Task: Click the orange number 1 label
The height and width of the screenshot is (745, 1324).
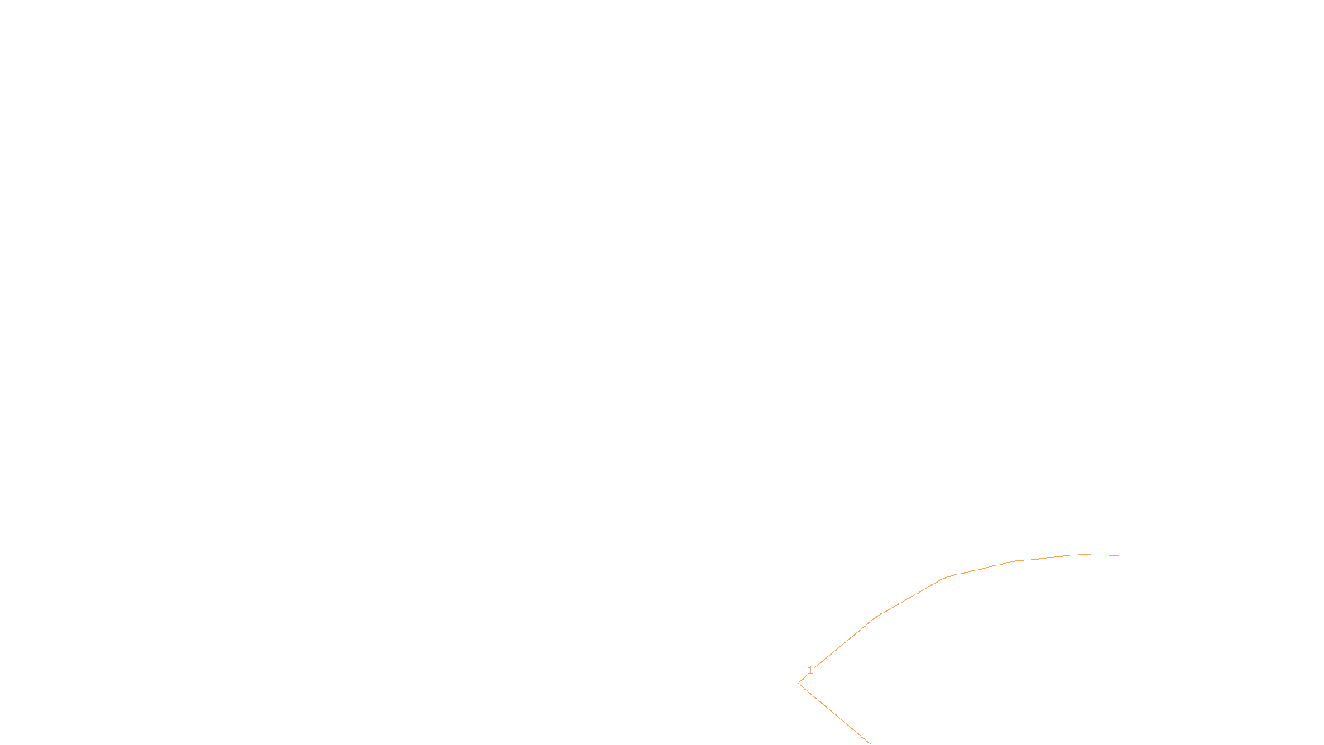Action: pos(810,670)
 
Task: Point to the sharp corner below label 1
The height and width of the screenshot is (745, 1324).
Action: pos(799,684)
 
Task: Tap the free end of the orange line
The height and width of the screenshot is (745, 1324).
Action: pos(1118,555)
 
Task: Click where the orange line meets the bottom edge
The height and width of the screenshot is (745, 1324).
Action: pos(871,744)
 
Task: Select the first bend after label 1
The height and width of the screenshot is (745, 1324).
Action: pos(877,616)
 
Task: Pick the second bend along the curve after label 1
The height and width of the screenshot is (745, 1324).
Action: pos(945,578)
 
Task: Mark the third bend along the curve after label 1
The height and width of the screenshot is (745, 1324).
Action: pos(1012,562)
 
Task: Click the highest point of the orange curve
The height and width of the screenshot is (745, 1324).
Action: pos(1083,554)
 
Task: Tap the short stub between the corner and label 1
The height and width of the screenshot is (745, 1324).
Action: pos(802,680)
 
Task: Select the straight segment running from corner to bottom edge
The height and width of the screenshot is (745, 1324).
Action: pos(835,714)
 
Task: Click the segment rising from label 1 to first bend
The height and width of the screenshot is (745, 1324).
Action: pos(846,642)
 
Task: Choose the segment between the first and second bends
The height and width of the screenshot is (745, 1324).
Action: pos(911,597)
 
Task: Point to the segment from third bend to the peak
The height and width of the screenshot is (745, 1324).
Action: pos(1048,558)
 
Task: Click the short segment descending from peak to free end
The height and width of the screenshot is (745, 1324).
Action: pos(1101,555)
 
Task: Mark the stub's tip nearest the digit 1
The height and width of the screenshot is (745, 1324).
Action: pos(806,678)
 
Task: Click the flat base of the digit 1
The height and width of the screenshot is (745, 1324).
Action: pos(810,674)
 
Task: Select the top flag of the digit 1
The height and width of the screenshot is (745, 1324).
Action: pos(808,668)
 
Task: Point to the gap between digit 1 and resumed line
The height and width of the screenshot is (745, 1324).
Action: pos(814,670)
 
